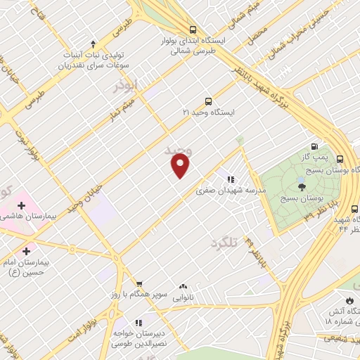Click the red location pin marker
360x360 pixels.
tap(181, 165)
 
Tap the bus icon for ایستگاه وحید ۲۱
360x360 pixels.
tap(207, 101)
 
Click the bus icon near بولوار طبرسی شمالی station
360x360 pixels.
tap(193, 30)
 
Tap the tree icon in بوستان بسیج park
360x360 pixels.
tap(302, 186)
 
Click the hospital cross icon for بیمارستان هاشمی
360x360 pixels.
tap(21, 206)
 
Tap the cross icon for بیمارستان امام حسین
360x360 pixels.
tap(27, 250)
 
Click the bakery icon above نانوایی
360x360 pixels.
tap(184, 286)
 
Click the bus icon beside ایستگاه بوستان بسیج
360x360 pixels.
tap(340, 160)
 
